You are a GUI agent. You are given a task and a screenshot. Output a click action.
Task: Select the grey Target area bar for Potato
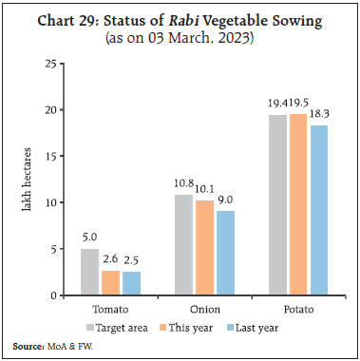pos(277,205)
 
